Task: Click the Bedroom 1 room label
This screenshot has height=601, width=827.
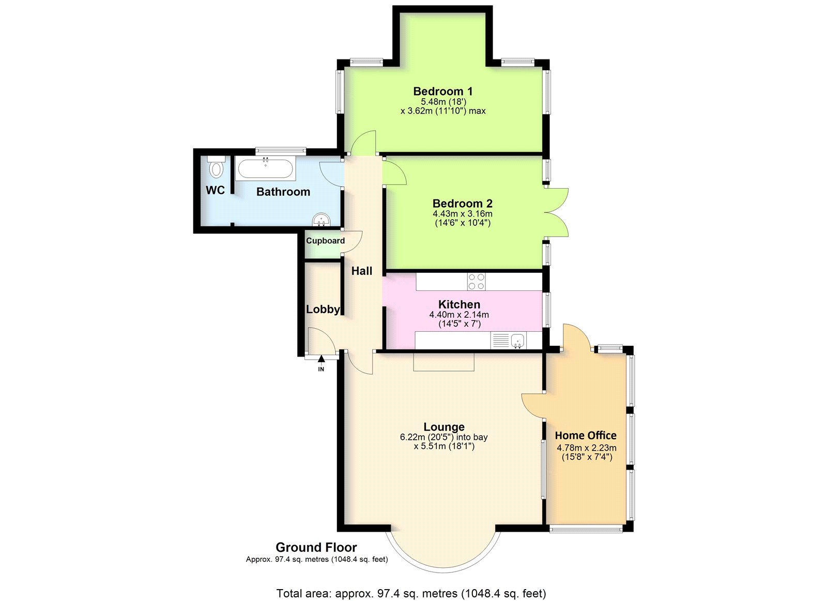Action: tap(442, 91)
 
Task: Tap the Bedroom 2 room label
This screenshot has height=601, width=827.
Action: tap(462, 204)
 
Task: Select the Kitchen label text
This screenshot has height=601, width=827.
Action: tap(459, 304)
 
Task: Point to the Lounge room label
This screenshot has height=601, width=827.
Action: tap(444, 427)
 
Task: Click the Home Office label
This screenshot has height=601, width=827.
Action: tap(586, 436)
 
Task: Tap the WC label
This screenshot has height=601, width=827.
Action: tap(215, 190)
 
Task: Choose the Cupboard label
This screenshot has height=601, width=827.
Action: tap(325, 241)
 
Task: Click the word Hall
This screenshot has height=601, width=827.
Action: tap(361, 271)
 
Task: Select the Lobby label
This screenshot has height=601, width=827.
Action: tap(323, 310)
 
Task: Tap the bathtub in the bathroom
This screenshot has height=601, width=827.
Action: tap(266, 168)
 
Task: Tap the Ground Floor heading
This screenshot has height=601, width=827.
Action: tap(316, 547)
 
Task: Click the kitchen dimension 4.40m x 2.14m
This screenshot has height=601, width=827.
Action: tap(459, 315)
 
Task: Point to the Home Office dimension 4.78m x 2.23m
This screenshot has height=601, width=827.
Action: tap(586, 448)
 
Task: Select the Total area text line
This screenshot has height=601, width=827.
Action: tap(411, 583)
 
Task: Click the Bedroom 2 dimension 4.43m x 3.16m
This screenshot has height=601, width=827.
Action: tap(462, 214)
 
